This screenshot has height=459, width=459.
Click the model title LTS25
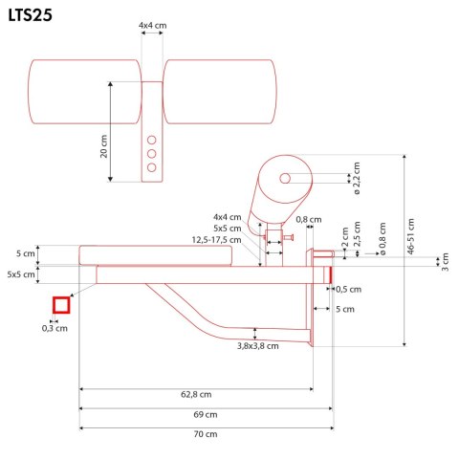tap(33, 16)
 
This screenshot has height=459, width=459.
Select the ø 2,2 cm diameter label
tap(358, 179)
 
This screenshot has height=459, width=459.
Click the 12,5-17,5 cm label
tap(214, 240)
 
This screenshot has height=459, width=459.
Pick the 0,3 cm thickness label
tap(55, 328)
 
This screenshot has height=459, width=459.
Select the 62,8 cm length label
tap(196, 395)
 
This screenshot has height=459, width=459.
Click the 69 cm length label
tap(205, 414)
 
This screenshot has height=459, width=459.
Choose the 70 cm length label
tap(205, 434)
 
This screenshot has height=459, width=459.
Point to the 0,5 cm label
tap(349, 289)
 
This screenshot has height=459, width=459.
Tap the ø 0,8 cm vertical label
tap(381, 239)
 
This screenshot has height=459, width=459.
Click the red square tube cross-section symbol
tap(62, 305)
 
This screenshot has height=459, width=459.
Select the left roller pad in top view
tap(85, 92)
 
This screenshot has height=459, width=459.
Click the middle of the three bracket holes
tap(151, 153)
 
